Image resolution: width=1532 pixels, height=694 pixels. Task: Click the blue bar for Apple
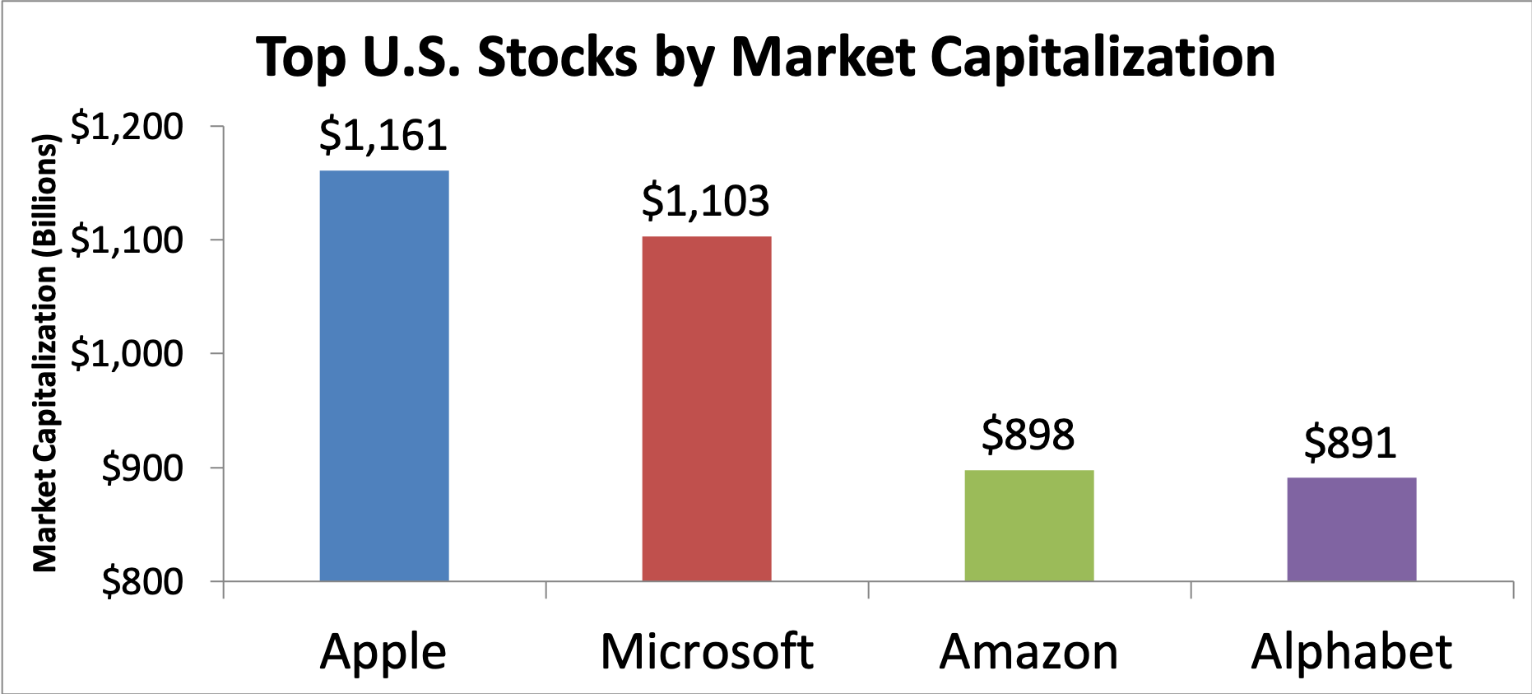pos(384,375)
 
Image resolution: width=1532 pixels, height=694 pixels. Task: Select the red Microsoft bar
pos(707,408)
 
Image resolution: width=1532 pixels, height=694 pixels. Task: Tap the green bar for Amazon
pos(1029,525)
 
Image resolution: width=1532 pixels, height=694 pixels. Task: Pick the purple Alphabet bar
pos(1352,529)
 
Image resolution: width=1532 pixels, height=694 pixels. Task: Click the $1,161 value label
pos(383,136)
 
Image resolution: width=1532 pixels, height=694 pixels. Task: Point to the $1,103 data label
pos(706,202)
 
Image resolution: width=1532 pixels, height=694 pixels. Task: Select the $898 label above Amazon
pos(1028,435)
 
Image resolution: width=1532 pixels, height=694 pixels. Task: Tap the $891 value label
pos(1351,444)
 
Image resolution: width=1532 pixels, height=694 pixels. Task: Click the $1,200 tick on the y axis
pos(127,127)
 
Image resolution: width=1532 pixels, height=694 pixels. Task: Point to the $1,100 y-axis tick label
pos(127,240)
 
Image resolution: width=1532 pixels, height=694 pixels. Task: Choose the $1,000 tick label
pos(127,354)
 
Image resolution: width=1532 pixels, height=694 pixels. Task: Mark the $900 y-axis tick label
pos(142,468)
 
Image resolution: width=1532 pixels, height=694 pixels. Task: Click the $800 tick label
pos(142,582)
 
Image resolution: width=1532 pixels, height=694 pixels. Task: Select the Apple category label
pos(383,653)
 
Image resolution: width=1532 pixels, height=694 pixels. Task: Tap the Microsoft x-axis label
pos(707,652)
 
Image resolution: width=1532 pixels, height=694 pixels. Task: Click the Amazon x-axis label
pos(1028,652)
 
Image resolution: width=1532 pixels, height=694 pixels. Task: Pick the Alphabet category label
pos(1351,652)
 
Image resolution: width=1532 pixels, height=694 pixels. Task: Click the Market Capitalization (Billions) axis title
pos(45,354)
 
